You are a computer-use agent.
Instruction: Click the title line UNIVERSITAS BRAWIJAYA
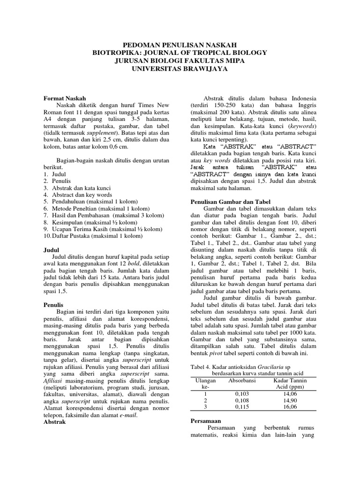pyautogui.click(x=180, y=69)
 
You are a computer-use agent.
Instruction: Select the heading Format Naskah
pyautogui.click(x=65, y=98)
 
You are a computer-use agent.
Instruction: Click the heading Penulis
pyautogui.click(x=53, y=304)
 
